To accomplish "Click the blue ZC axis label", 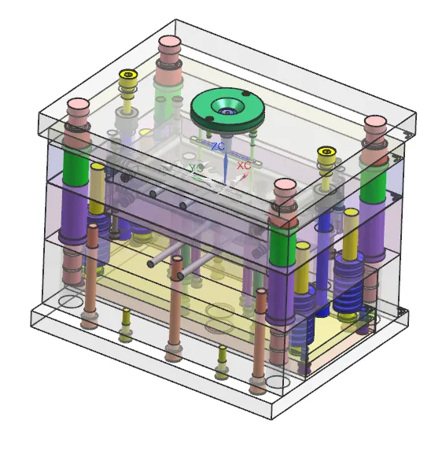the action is (218, 146).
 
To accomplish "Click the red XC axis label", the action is (244, 165).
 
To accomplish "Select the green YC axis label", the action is (196, 168).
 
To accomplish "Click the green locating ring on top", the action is (227, 109).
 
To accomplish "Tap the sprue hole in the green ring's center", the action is (227, 112).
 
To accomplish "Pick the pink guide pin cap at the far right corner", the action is (375, 122).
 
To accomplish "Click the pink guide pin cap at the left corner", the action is (78, 105).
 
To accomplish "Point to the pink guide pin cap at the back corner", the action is (170, 42).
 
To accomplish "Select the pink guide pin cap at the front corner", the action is (285, 185).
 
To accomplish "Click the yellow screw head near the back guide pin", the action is (128, 74).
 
